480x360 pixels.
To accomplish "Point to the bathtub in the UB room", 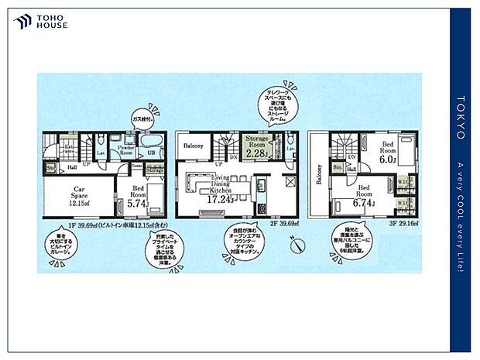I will [150, 142].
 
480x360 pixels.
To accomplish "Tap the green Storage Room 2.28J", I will [256, 147].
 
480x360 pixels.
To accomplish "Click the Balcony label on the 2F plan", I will [194, 145].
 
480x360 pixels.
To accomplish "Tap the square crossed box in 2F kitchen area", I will [290, 183].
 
